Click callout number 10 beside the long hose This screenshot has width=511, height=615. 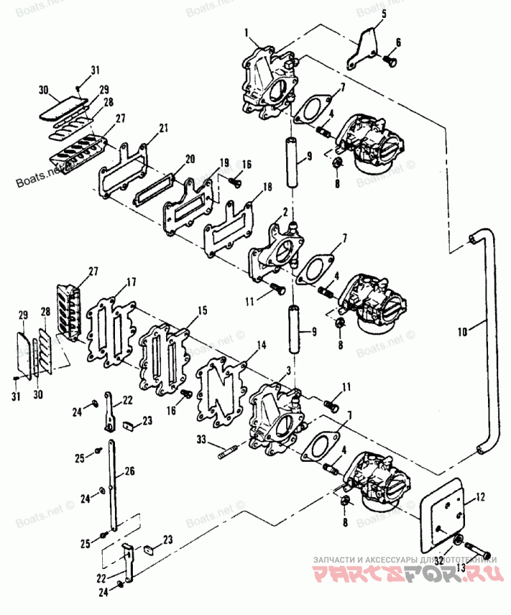tap(462, 331)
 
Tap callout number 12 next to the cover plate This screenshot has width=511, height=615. tap(480, 496)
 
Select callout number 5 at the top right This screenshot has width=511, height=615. tap(384, 13)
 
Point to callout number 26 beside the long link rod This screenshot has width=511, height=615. tap(130, 472)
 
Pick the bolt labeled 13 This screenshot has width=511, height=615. tap(476, 547)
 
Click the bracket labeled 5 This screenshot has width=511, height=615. tap(363, 50)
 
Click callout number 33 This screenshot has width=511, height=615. tap(201, 439)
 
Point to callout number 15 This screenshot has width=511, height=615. tap(201, 311)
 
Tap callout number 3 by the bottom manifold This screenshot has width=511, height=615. tap(271, 370)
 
